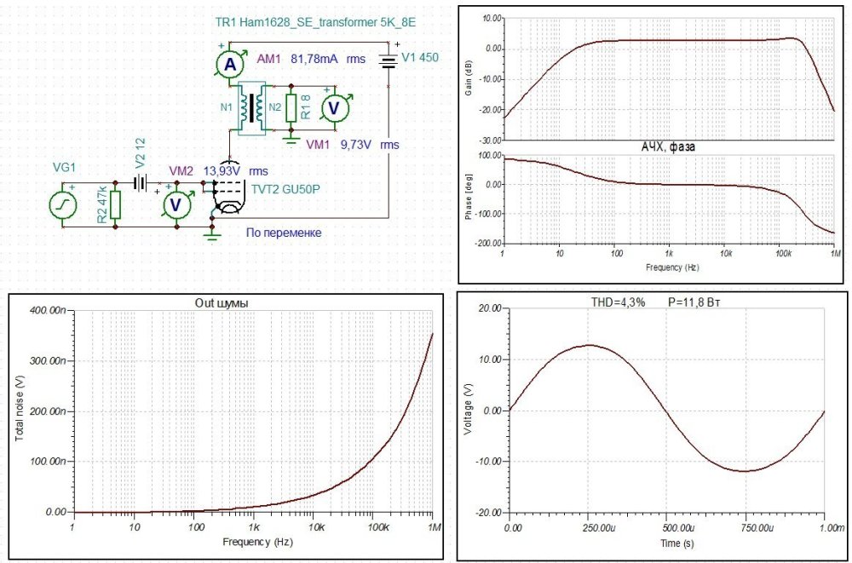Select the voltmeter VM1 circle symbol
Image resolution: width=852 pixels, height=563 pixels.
point(334,107)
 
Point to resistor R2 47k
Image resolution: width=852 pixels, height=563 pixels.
point(116,204)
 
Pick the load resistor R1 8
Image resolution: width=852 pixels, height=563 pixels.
point(292,107)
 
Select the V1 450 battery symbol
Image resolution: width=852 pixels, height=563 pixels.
point(389,61)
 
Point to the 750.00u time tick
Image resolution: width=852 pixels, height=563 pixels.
point(745,528)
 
